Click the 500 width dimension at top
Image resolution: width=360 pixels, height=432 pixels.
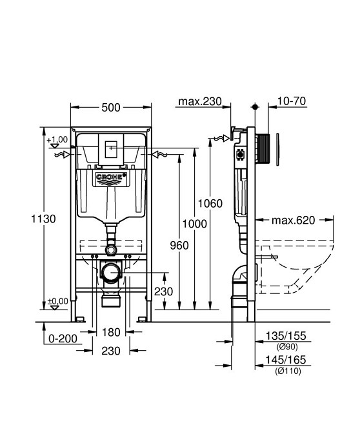(111, 108)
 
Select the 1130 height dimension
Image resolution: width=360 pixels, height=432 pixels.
(43, 219)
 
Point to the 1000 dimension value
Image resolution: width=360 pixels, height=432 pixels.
(194, 224)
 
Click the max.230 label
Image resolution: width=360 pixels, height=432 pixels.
(200, 101)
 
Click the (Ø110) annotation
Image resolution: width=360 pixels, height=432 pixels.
(287, 370)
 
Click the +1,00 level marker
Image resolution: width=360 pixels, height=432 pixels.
(57, 139)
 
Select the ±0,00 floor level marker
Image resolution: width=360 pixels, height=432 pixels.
(57, 301)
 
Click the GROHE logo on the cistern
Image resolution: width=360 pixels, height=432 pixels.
(112, 177)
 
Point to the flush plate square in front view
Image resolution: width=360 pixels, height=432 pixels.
(112, 149)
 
